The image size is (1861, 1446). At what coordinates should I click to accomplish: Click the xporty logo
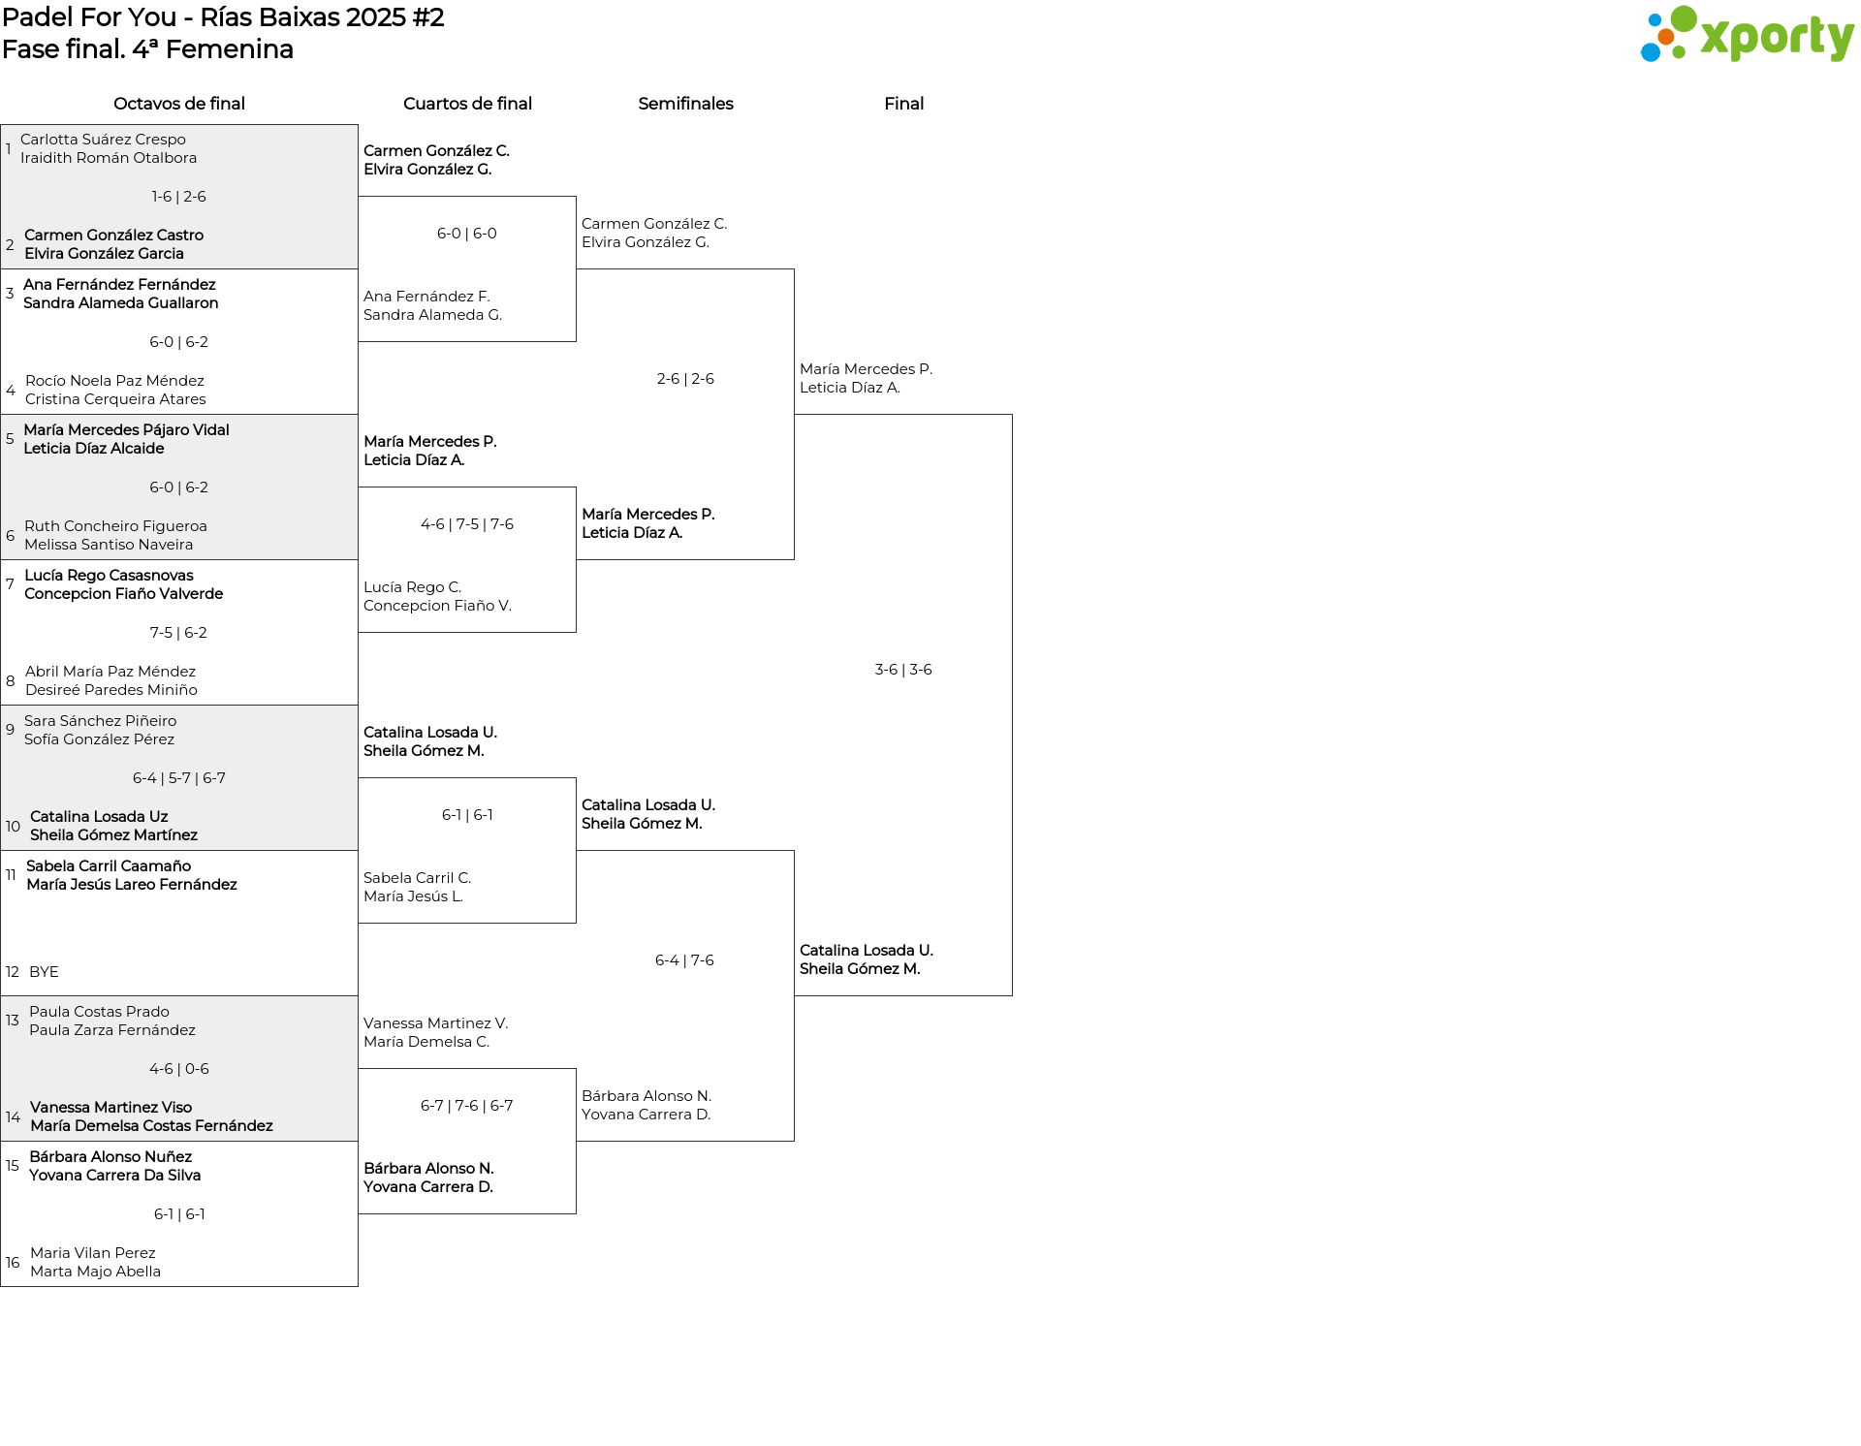(x=1747, y=35)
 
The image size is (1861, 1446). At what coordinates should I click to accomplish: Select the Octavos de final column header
(x=179, y=104)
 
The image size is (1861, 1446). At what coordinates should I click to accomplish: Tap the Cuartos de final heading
(x=467, y=104)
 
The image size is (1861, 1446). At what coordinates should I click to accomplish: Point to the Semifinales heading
(x=685, y=104)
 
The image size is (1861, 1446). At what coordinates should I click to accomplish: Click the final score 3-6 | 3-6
(x=903, y=670)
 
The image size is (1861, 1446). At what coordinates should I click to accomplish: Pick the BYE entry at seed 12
(x=44, y=972)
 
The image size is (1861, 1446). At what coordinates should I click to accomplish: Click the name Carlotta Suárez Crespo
(x=103, y=140)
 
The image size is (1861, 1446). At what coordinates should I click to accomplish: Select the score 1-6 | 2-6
(x=178, y=197)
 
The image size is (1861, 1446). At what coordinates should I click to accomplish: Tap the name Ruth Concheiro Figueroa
(x=115, y=526)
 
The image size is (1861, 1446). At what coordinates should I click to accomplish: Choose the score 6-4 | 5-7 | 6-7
(x=179, y=778)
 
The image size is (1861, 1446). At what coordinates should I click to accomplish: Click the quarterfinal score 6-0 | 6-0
(x=467, y=234)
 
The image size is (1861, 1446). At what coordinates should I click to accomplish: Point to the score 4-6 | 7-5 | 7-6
(x=467, y=524)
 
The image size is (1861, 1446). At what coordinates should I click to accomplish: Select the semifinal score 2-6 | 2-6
(x=685, y=379)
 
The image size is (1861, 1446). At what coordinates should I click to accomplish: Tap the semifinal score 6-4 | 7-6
(x=684, y=960)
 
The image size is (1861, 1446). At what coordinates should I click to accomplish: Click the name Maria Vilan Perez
(x=93, y=1253)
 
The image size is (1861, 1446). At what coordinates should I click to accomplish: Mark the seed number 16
(x=13, y=1263)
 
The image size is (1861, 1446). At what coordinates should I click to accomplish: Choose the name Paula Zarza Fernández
(x=112, y=1030)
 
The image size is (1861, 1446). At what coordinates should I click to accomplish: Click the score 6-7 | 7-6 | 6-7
(x=467, y=1106)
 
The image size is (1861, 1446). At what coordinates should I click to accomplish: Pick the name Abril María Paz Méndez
(x=110, y=672)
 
